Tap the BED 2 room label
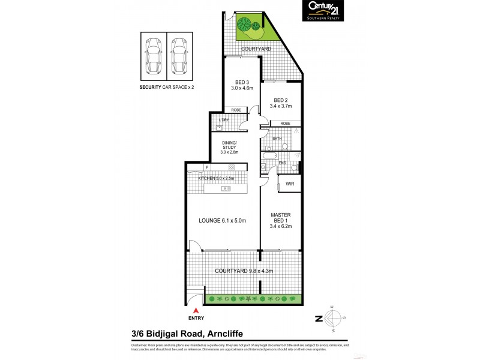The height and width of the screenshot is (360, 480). pyautogui.click(x=282, y=103)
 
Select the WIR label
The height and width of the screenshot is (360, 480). pyautogui.click(x=289, y=184)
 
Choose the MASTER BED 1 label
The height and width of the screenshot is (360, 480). pyautogui.click(x=280, y=220)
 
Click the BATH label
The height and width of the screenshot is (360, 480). pyautogui.click(x=277, y=139)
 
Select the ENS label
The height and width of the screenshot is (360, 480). pyautogui.click(x=282, y=163)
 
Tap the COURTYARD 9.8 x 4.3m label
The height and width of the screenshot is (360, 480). pyautogui.click(x=244, y=271)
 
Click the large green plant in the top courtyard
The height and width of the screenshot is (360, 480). pyautogui.click(x=245, y=26)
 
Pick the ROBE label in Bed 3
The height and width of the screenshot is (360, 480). pyautogui.click(x=236, y=110)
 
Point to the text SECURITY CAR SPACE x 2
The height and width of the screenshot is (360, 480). pyautogui.click(x=166, y=87)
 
